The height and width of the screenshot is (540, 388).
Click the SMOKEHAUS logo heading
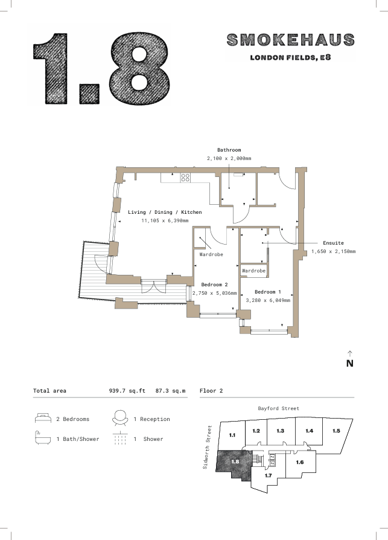point(291,40)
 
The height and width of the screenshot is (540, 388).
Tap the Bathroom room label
point(229,150)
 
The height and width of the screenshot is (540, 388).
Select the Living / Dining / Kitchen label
point(165,212)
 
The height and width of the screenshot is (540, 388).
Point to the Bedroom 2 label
point(214,284)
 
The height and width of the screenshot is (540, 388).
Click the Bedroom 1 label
point(267,292)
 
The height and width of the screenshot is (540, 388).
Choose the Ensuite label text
point(333,243)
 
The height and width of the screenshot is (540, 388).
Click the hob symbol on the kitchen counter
point(185,178)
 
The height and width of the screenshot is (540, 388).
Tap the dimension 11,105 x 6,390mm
point(165,220)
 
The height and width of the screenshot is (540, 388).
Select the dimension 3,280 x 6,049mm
point(267,300)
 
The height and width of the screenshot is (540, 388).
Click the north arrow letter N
point(350,364)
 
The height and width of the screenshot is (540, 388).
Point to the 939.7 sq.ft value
point(127,391)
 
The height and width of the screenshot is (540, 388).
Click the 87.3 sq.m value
point(170,391)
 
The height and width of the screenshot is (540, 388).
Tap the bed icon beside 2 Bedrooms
point(43,418)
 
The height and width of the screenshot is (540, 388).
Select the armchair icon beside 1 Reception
point(120,418)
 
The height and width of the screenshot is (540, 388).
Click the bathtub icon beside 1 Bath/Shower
point(43,438)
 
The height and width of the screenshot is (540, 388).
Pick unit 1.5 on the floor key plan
point(336,431)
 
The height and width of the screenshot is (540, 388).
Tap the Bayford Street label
point(279,408)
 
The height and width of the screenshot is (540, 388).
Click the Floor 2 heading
point(211,391)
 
